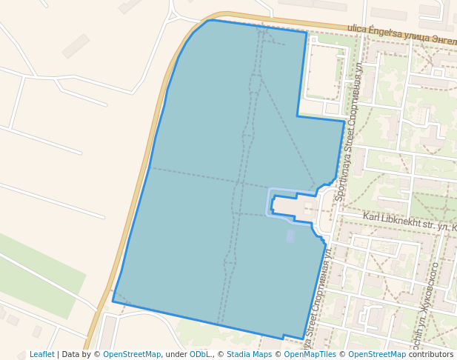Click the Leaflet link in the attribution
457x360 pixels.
click(x=41, y=355)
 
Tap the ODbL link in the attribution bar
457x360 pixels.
click(x=199, y=355)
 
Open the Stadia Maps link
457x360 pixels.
click(x=249, y=355)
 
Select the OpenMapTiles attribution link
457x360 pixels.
click(x=310, y=355)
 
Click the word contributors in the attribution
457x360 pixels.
click(x=431, y=355)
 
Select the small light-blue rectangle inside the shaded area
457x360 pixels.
click(x=290, y=236)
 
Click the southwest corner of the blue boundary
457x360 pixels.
click(x=113, y=301)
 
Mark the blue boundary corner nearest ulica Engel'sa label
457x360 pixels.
click(x=306, y=33)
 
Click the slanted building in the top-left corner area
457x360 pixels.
click(x=76, y=46)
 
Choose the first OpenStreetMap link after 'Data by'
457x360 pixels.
click(x=131, y=355)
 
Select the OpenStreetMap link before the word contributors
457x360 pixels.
click(x=377, y=355)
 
